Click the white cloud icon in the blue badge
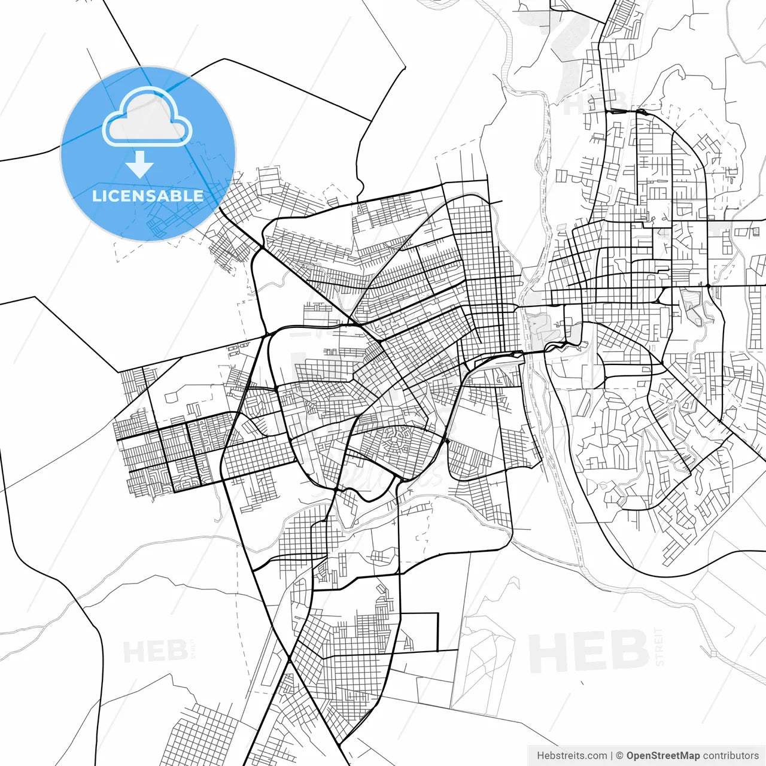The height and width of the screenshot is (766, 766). [x=147, y=118]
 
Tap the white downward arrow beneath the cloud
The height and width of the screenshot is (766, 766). [x=140, y=165]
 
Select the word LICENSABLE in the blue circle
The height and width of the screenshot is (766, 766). [x=148, y=196]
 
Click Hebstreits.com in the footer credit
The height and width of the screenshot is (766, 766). [x=572, y=756]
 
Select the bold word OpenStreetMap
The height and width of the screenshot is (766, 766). [x=663, y=756]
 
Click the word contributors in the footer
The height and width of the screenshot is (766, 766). [x=731, y=756]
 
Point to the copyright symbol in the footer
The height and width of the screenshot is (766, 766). [x=620, y=756]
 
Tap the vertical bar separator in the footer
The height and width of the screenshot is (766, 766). [x=612, y=756]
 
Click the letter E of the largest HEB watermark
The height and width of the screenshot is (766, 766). [x=589, y=651]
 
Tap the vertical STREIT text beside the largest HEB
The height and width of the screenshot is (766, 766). [x=659, y=646]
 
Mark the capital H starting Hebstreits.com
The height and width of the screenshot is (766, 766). [x=540, y=756]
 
